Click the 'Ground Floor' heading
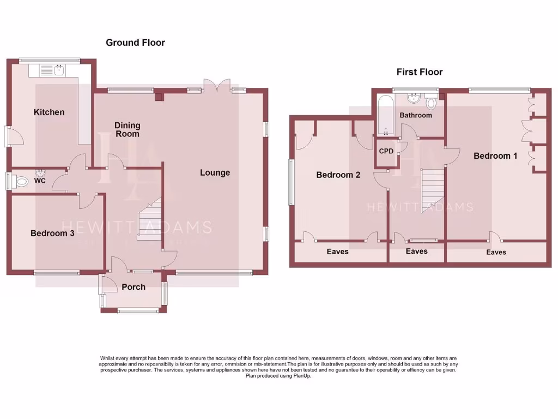(135, 43)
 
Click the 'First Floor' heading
(419, 72)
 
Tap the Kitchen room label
(49, 112)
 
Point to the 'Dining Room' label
(127, 129)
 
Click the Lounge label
(215, 173)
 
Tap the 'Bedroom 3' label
(52, 234)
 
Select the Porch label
(134, 287)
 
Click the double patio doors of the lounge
(216, 86)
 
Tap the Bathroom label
(416, 115)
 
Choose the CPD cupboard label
(386, 151)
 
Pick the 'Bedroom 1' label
(495, 156)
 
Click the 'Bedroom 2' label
(338, 175)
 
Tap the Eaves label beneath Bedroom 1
(496, 252)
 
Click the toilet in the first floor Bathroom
(432, 102)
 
